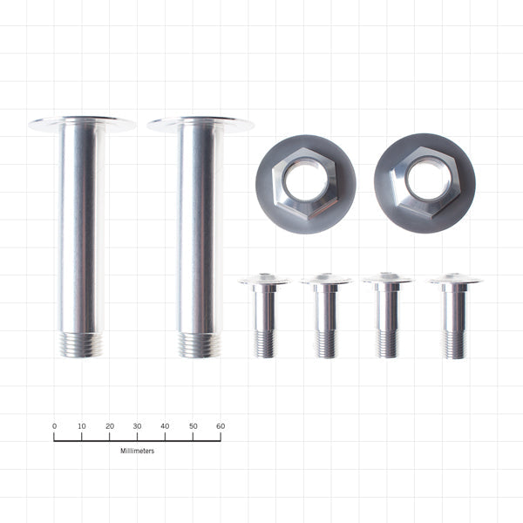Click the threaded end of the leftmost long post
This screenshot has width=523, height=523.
(81, 344)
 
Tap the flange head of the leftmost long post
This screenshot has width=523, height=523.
(81, 124)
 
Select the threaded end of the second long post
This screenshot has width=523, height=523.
(200, 344)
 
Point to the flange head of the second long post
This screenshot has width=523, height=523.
(200, 124)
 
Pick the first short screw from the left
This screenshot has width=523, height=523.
(265, 316)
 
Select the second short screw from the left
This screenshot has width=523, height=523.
(326, 316)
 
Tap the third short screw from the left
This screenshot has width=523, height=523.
(388, 316)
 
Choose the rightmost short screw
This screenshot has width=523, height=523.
(453, 316)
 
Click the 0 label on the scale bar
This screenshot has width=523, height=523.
(54, 426)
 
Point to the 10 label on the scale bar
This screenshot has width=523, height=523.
(82, 426)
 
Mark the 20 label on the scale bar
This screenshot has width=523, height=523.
(110, 426)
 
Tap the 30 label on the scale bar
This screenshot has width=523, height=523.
(137, 426)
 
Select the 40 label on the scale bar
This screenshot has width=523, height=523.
(165, 426)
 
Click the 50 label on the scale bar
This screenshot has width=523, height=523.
(193, 426)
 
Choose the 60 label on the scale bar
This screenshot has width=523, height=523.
(221, 426)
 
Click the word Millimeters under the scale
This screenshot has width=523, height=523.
(137, 451)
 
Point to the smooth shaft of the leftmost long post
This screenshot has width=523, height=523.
(81, 227)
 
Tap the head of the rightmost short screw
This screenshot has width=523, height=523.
(453, 281)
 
